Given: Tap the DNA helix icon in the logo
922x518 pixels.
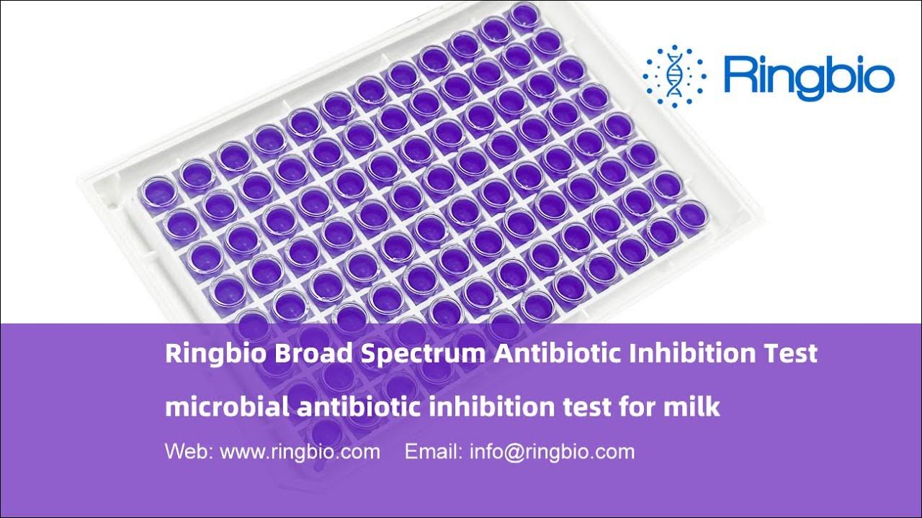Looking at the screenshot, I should tap(674, 76).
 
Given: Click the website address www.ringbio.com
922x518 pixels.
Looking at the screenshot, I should tap(300, 452).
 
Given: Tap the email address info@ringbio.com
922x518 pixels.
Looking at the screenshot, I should tap(552, 452).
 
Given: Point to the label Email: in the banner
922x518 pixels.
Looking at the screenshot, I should tap(434, 452).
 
